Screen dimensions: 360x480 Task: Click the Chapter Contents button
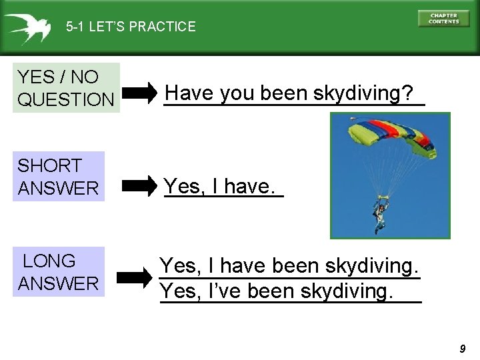coord(443,19)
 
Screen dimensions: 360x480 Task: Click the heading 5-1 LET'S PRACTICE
coord(131,27)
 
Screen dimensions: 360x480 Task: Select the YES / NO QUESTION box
coord(66,88)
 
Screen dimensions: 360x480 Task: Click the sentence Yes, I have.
coord(219,187)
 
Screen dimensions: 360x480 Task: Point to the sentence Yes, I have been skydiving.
coord(289,267)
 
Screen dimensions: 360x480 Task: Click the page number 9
coord(463,349)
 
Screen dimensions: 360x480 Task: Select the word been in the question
coord(284,93)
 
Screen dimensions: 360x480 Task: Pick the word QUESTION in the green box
coord(66,100)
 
